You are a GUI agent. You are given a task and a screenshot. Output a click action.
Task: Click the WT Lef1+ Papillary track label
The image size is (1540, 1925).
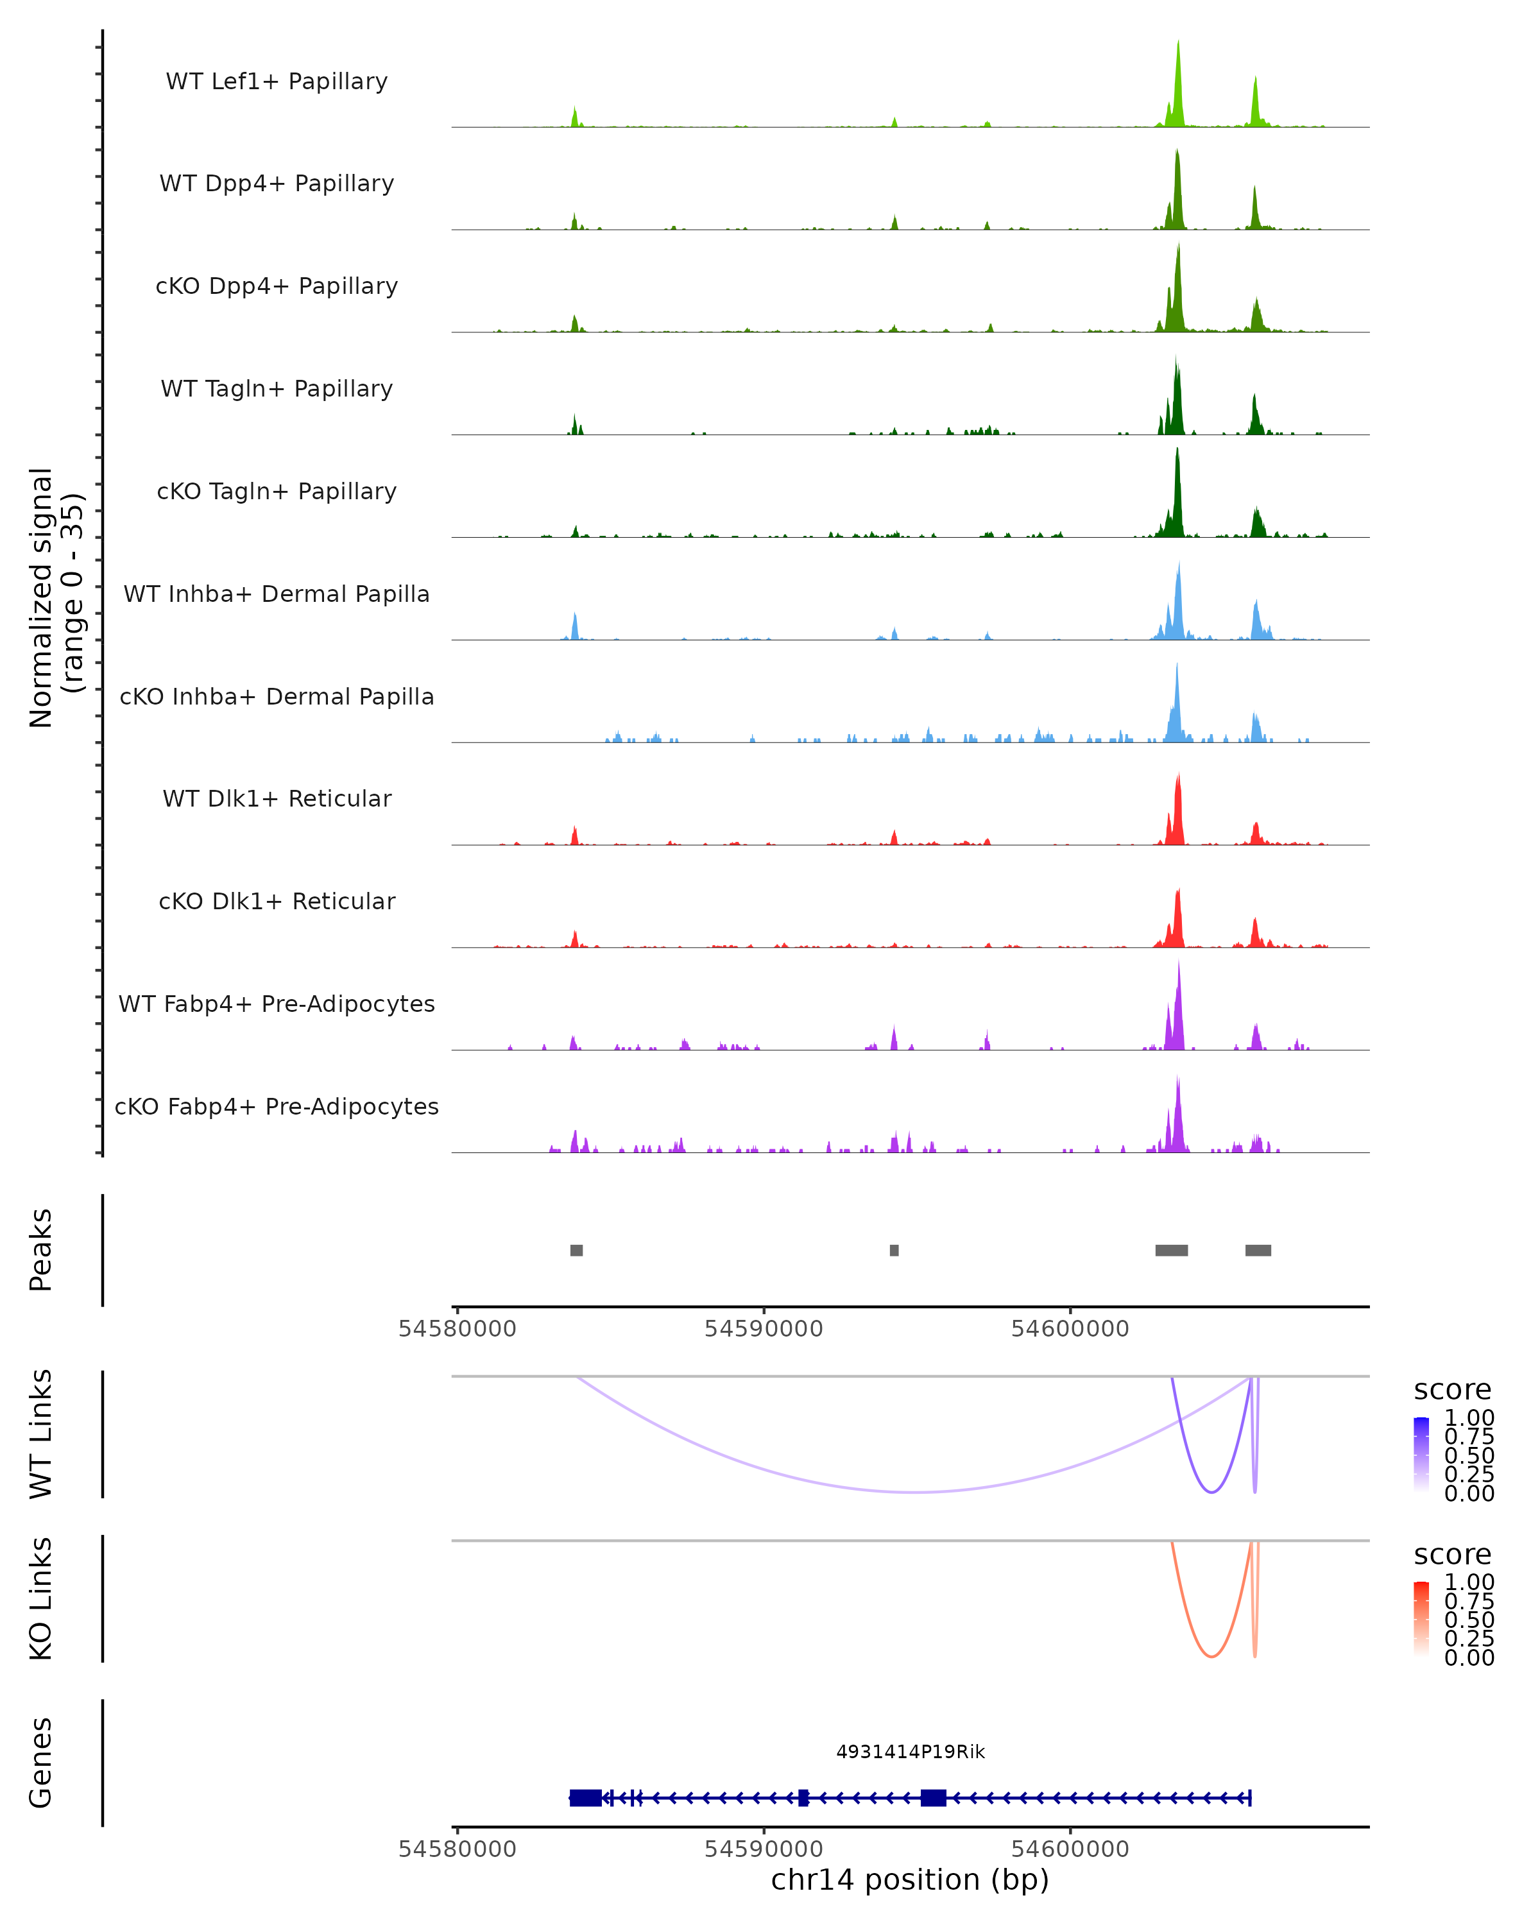(x=277, y=82)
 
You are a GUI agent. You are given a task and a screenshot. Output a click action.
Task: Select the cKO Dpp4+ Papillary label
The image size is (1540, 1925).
(x=277, y=287)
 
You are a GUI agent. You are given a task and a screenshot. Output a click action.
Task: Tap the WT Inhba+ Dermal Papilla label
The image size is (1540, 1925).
(x=277, y=595)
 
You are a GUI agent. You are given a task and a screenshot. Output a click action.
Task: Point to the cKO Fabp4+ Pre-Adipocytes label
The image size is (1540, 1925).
(x=277, y=1107)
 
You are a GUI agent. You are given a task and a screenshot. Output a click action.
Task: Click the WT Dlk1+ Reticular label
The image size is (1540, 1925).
(x=277, y=799)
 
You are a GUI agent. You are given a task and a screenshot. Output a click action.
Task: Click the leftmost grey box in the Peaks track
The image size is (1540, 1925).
(x=577, y=1250)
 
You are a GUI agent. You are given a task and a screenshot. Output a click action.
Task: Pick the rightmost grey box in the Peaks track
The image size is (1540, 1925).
(x=1258, y=1250)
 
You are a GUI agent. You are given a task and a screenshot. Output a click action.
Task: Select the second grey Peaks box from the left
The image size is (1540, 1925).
(x=894, y=1250)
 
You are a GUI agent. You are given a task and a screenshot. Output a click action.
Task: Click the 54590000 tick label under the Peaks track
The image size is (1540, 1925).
(x=764, y=1330)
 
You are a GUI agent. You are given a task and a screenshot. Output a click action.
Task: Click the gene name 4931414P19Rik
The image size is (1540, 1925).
(x=911, y=1752)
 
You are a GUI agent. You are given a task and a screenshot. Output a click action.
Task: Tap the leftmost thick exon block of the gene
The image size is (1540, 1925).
(x=586, y=1798)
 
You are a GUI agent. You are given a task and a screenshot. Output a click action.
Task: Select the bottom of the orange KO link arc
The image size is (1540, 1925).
(x=1211, y=1657)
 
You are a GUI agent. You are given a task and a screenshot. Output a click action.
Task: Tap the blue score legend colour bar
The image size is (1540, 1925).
(x=1421, y=1455)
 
